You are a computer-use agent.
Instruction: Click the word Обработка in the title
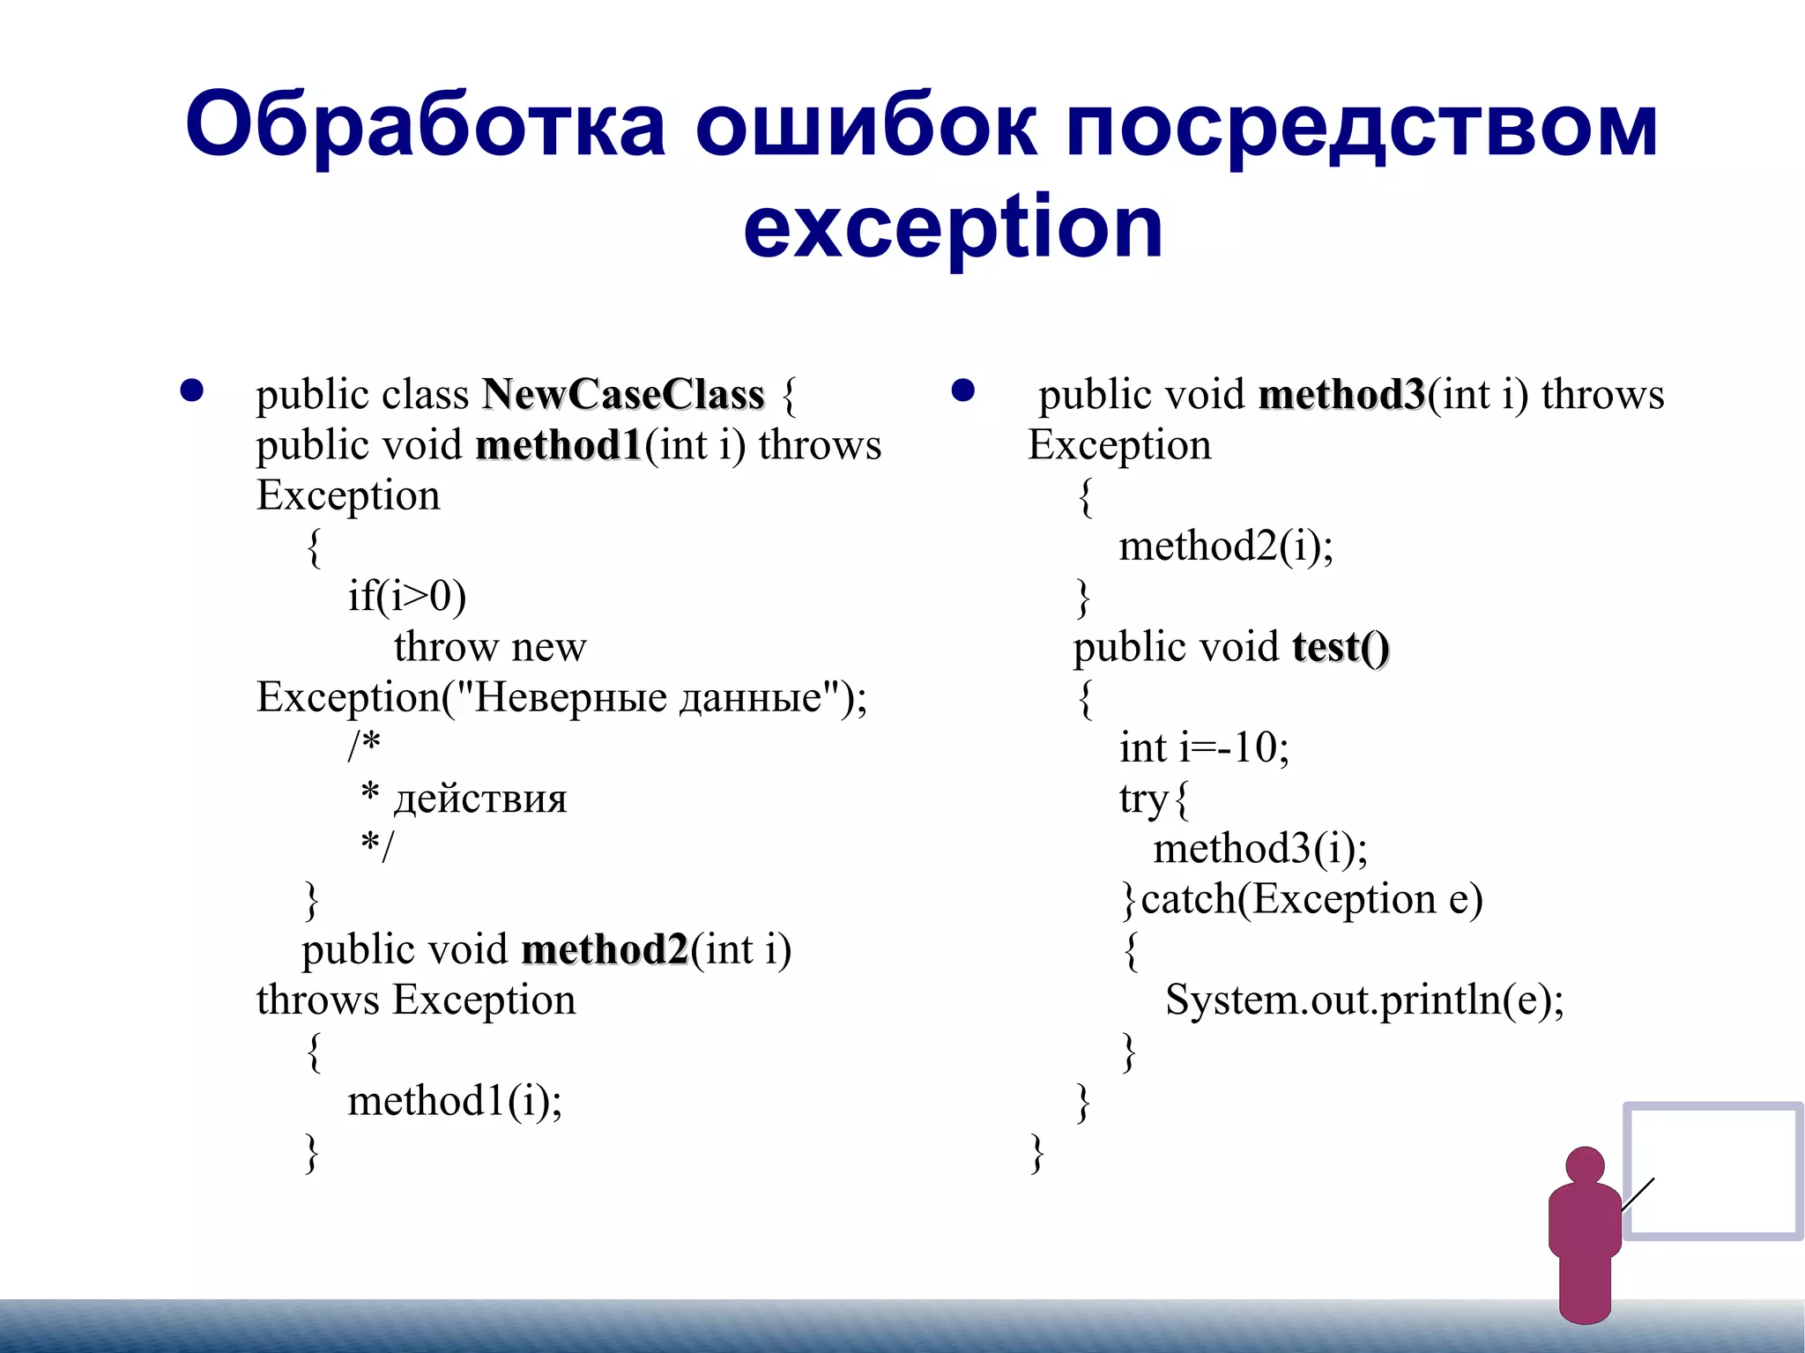tap(425, 125)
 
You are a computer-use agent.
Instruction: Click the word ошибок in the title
tap(865, 125)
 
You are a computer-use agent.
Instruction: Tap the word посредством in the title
tap(1362, 125)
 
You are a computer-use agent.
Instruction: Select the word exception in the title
tap(953, 227)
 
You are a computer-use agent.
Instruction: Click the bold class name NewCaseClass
tap(623, 394)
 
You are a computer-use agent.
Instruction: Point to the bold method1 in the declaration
tap(559, 445)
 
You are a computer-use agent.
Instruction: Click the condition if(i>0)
tap(406, 597)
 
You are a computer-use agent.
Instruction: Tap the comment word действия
tap(480, 799)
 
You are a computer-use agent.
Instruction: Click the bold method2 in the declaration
tap(605, 950)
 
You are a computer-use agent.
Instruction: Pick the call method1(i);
tap(455, 1101)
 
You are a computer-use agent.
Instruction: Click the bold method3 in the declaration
tap(1341, 394)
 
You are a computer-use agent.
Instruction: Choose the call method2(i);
tap(1226, 546)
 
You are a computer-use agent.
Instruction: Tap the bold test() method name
tap(1341, 647)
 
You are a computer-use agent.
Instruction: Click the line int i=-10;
tap(1204, 748)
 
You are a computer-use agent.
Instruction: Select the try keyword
tap(1144, 799)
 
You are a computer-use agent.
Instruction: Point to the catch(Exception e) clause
tap(1311, 900)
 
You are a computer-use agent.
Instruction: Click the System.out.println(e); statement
tap(1364, 1000)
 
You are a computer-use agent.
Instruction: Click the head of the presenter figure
tap(1585, 1165)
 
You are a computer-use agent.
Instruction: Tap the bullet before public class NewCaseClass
tap(192, 390)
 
